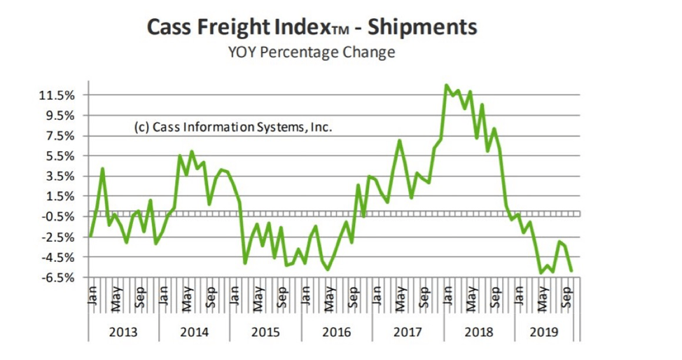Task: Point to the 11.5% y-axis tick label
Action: coord(63,95)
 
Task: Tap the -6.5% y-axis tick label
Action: coord(63,278)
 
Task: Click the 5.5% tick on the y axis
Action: coord(66,156)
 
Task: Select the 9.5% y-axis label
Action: coord(66,116)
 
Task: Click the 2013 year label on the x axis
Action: coord(123,331)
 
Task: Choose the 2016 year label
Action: coord(337,331)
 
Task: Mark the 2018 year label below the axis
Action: coord(479,331)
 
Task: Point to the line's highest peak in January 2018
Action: coord(447,85)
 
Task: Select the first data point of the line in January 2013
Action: coord(91,235)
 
